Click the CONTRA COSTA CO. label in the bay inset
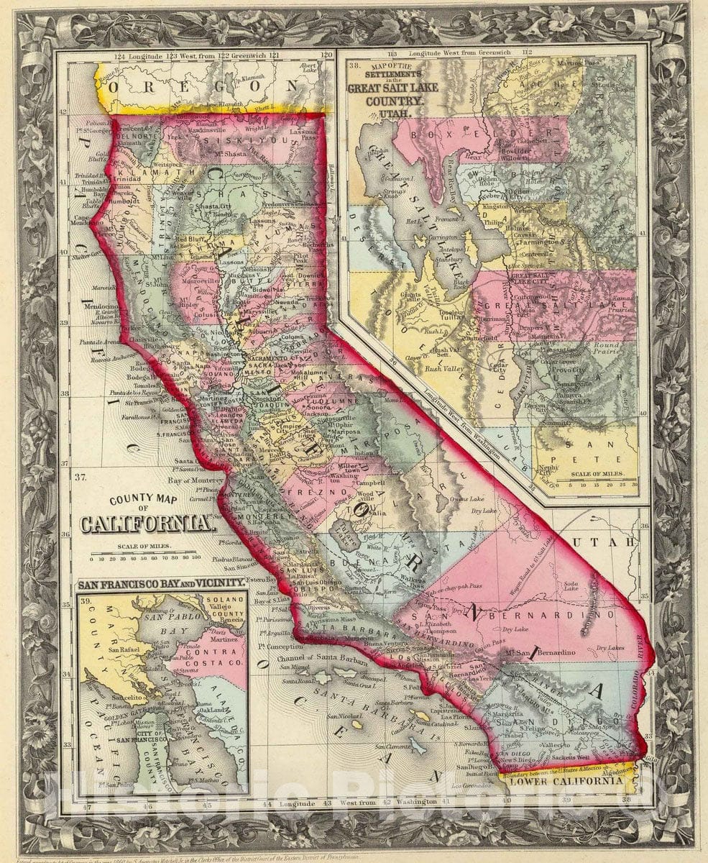point(213,657)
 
